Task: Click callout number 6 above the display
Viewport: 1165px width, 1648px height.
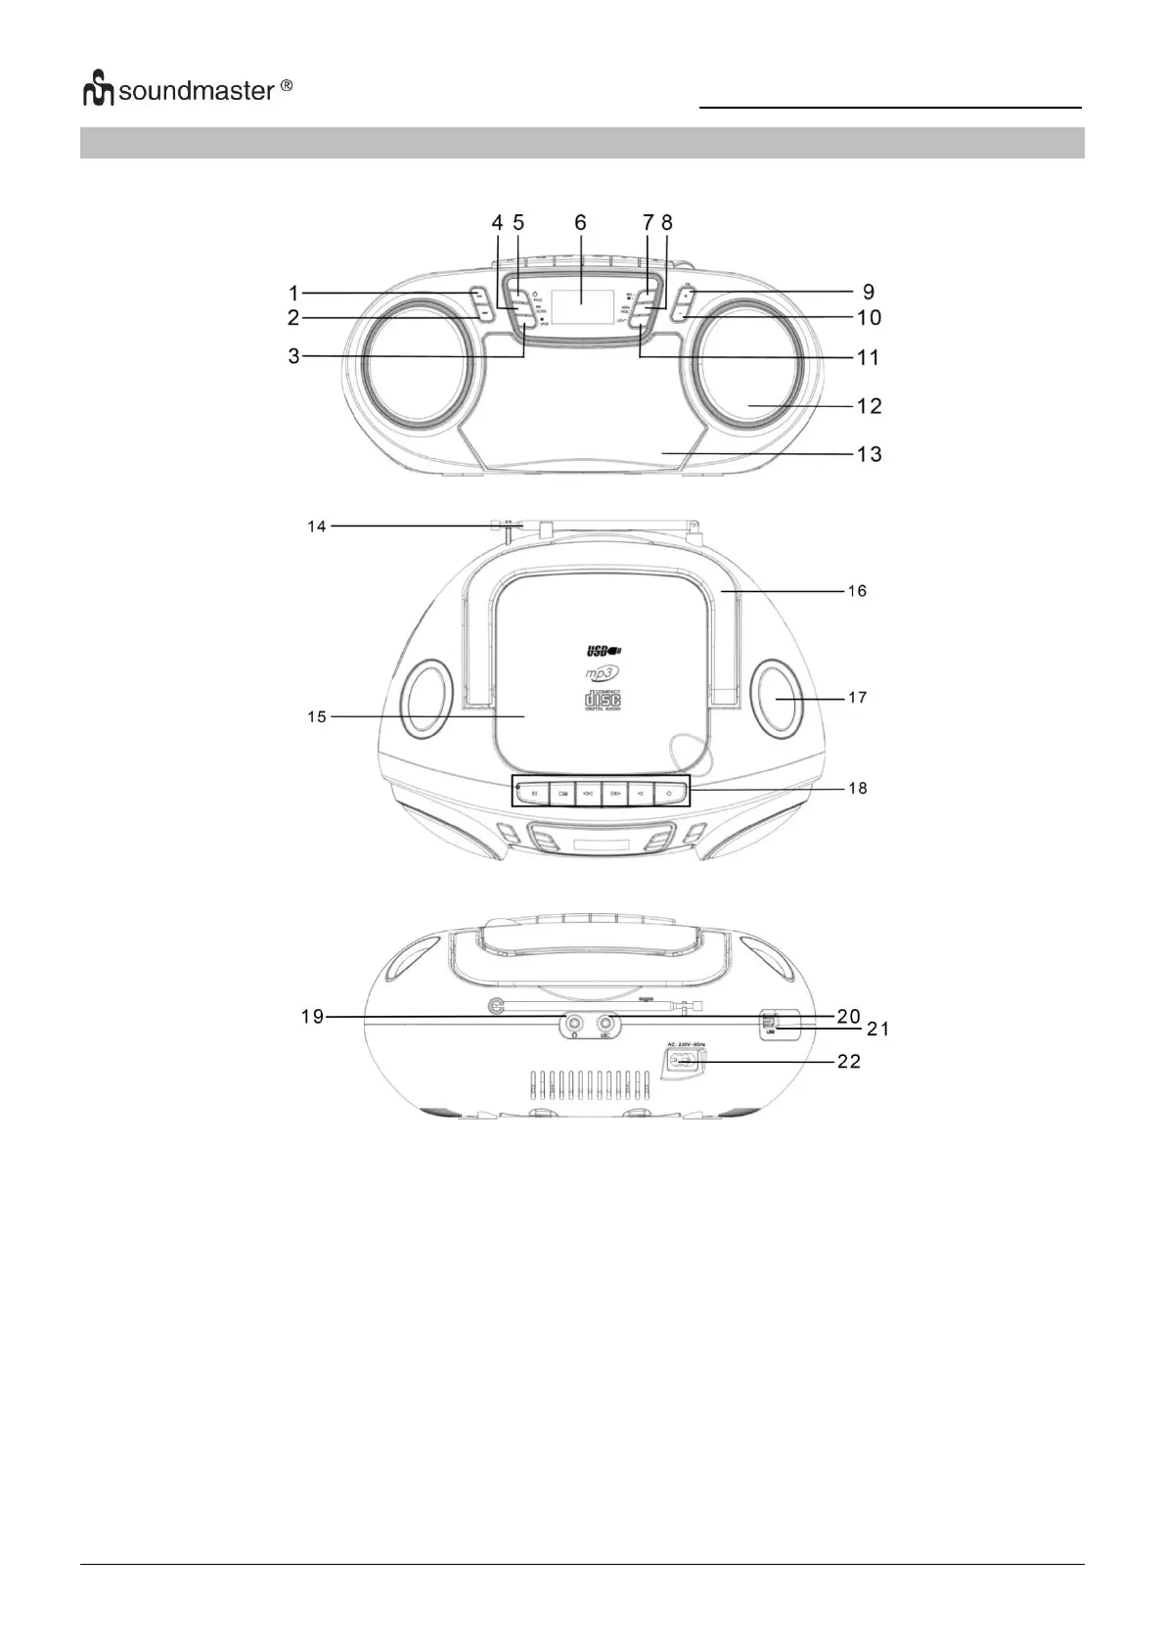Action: pos(580,223)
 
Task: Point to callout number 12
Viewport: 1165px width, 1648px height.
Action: pos(869,406)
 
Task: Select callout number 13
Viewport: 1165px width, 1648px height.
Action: pos(869,454)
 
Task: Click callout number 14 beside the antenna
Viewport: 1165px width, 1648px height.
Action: pos(316,526)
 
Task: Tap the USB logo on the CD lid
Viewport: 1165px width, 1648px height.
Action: pos(603,650)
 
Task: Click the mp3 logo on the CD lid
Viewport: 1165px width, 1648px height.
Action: pos(604,673)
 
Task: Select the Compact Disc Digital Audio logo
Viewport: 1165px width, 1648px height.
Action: pos(603,700)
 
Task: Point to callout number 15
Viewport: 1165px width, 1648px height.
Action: pos(316,717)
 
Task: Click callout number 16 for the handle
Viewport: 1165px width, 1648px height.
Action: pos(857,591)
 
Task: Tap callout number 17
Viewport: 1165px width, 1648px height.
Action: pos(857,698)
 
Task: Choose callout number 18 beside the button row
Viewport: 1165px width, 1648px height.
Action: pos(857,788)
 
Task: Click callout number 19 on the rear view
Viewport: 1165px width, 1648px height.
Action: pos(312,1017)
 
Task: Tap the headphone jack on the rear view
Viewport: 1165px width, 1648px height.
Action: pos(573,1025)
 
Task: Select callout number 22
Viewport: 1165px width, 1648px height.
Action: pos(848,1061)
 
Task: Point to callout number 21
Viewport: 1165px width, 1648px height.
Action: pos(875,1029)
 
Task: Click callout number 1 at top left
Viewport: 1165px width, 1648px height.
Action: pos(293,292)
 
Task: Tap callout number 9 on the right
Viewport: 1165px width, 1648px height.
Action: pos(869,292)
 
